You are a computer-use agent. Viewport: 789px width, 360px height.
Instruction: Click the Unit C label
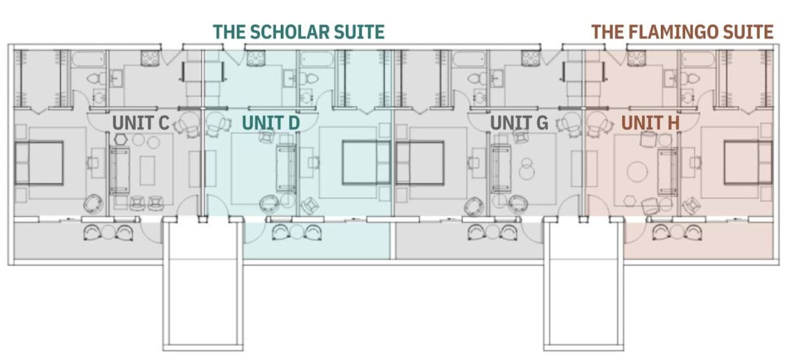[141, 123]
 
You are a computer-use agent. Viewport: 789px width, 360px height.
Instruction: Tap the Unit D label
[271, 123]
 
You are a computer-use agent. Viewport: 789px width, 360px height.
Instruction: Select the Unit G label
[519, 123]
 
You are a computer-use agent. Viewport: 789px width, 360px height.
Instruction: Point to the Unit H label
[650, 123]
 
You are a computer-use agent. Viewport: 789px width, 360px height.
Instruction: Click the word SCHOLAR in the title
[290, 31]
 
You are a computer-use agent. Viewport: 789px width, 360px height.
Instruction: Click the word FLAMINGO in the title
[674, 31]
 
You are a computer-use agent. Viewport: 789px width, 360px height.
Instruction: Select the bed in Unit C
[39, 163]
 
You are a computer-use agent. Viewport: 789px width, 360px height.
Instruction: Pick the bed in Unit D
[366, 162]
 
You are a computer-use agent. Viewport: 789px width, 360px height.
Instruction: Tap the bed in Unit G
[420, 163]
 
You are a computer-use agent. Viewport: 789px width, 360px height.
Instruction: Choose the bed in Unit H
[748, 162]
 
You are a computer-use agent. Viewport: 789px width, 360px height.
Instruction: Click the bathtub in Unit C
[88, 59]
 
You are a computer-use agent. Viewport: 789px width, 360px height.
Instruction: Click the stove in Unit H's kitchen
[637, 59]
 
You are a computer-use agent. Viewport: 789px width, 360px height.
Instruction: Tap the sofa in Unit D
[287, 168]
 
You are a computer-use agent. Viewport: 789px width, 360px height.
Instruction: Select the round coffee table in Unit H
[637, 172]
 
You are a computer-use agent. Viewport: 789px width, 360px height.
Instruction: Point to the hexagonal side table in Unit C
[121, 139]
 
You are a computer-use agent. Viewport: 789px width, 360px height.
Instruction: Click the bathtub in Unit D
[317, 59]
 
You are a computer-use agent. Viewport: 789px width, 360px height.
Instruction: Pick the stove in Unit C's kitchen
[150, 59]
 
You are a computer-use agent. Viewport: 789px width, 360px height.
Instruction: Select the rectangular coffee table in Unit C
[147, 171]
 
